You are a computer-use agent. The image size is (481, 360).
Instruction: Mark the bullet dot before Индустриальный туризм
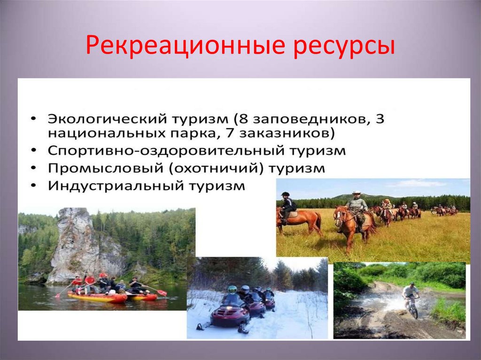(36, 186)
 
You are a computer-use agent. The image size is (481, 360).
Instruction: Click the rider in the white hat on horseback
(357, 207)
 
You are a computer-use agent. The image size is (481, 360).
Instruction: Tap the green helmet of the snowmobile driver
(232, 289)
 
